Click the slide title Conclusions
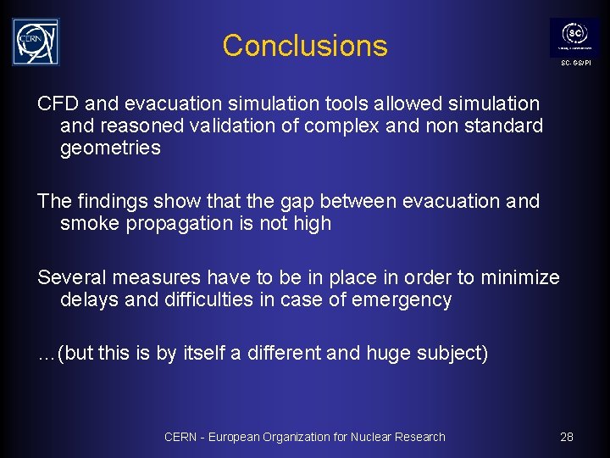click(305, 45)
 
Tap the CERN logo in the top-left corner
click(36, 42)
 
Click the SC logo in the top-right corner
click(574, 36)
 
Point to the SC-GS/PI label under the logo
click(575, 64)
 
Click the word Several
click(71, 277)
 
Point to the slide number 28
click(567, 437)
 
